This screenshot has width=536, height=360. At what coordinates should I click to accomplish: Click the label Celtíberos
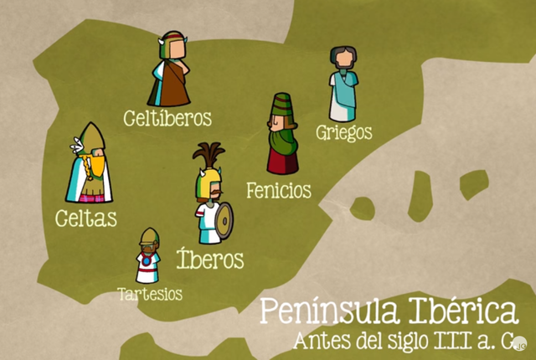pos(166,116)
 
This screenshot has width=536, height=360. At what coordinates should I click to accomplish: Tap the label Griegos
pos(343,132)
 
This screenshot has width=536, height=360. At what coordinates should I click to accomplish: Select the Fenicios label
pos(279,190)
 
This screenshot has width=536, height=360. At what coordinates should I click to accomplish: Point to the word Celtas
pos(85,219)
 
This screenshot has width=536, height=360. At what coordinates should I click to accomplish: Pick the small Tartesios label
pos(149,294)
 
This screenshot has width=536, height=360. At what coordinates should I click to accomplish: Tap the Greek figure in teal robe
pos(343,85)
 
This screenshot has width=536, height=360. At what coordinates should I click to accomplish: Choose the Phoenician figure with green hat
pos(281,134)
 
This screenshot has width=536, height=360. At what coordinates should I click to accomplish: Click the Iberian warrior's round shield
pos(224,219)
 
